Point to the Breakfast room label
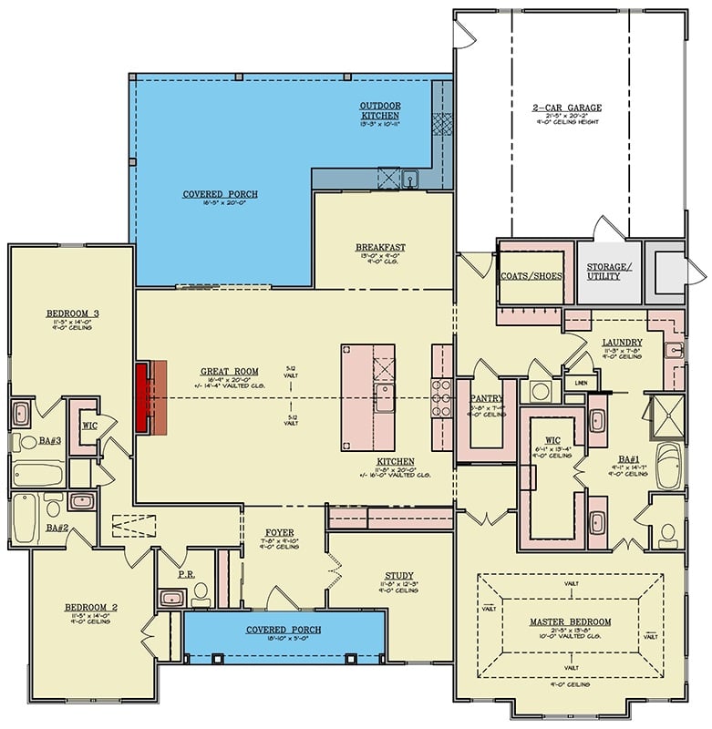tap(380, 248)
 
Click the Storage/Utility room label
tap(607, 271)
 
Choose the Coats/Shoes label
tap(531, 275)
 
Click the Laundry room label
tap(623, 343)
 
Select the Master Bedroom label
tap(570, 622)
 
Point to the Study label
tap(398, 575)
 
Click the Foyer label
tap(278, 533)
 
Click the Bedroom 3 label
tap(72, 314)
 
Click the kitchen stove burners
tap(442, 398)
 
